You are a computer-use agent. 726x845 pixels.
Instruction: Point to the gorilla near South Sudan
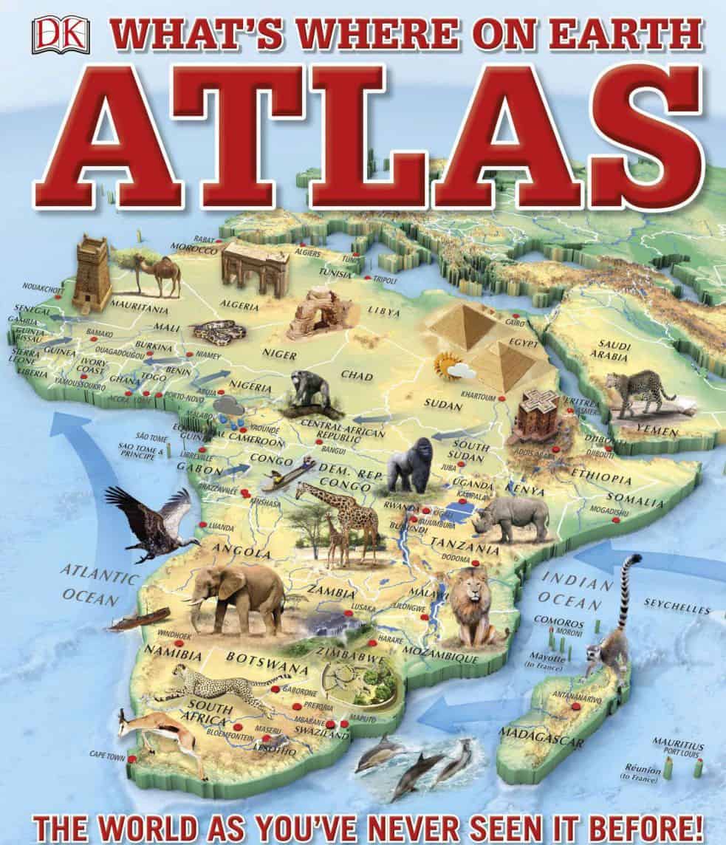411,466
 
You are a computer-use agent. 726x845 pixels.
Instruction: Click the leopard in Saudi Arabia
637,392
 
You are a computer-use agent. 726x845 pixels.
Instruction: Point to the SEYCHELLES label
677,609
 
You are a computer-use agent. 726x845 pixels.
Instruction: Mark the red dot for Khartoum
502,399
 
